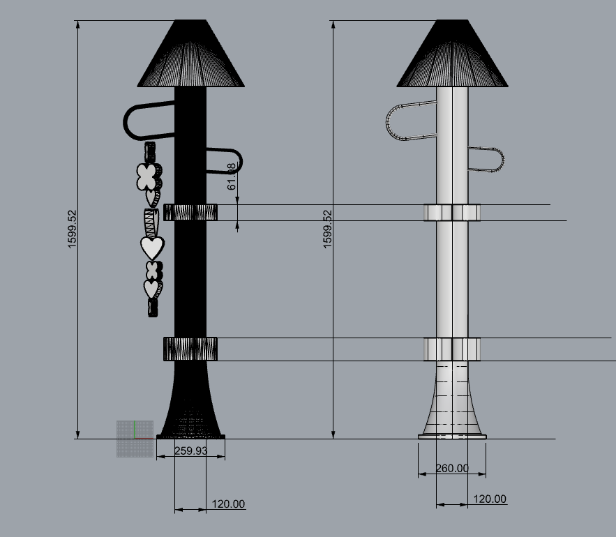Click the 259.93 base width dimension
(190, 451)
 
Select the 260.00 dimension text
(452, 469)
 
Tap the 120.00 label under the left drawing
(228, 504)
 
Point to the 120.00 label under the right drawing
(489, 499)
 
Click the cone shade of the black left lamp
(190, 56)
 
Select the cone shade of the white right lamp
(452, 56)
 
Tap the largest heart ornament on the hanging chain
(152, 247)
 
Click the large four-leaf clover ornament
(147, 176)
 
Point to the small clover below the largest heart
(153, 270)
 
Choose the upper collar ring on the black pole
(190, 212)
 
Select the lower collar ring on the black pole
(190, 349)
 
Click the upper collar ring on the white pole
(452, 212)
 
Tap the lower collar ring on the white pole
(452, 349)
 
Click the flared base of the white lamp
(452, 404)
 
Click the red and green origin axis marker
(135, 437)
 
